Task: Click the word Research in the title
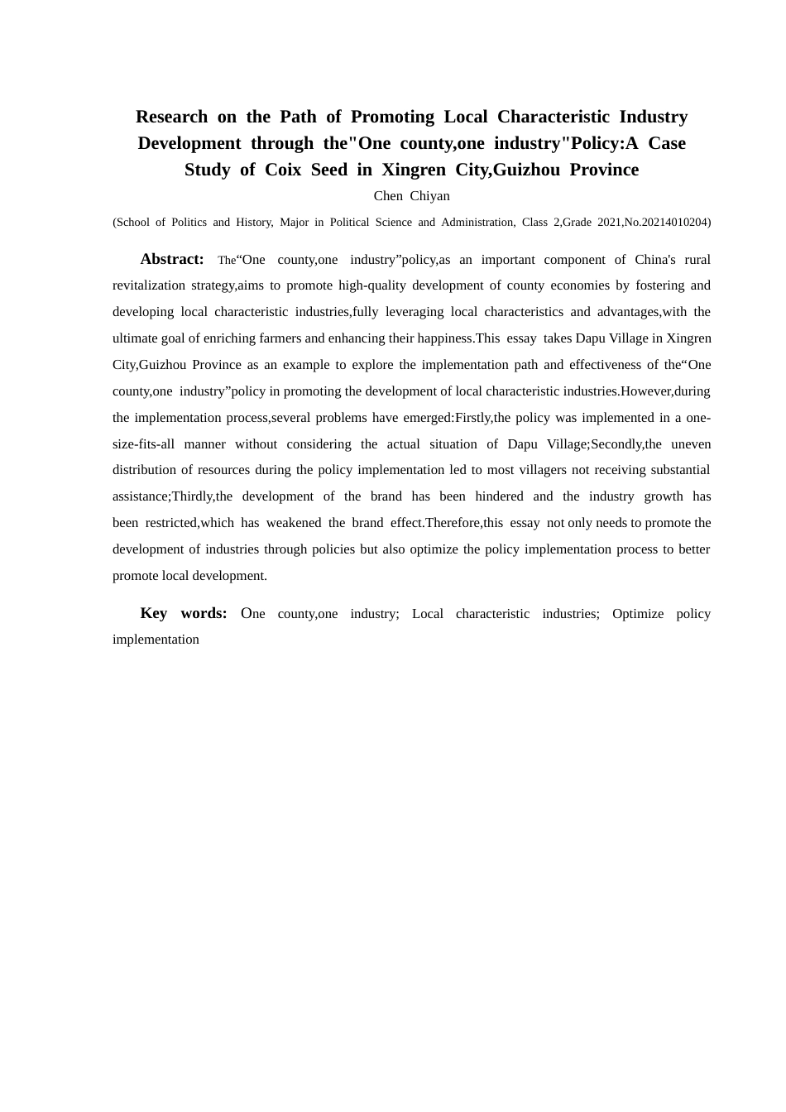point(171,117)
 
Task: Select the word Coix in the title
point(283,170)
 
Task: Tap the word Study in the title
point(207,170)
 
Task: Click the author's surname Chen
point(388,196)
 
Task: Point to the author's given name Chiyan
point(430,196)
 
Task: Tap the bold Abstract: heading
point(172,259)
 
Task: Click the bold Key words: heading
point(184,613)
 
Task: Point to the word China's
point(655,260)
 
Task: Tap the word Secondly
point(615,444)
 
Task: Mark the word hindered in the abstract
point(499,496)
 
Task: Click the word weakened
point(294,523)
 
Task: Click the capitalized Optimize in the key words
point(638,614)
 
